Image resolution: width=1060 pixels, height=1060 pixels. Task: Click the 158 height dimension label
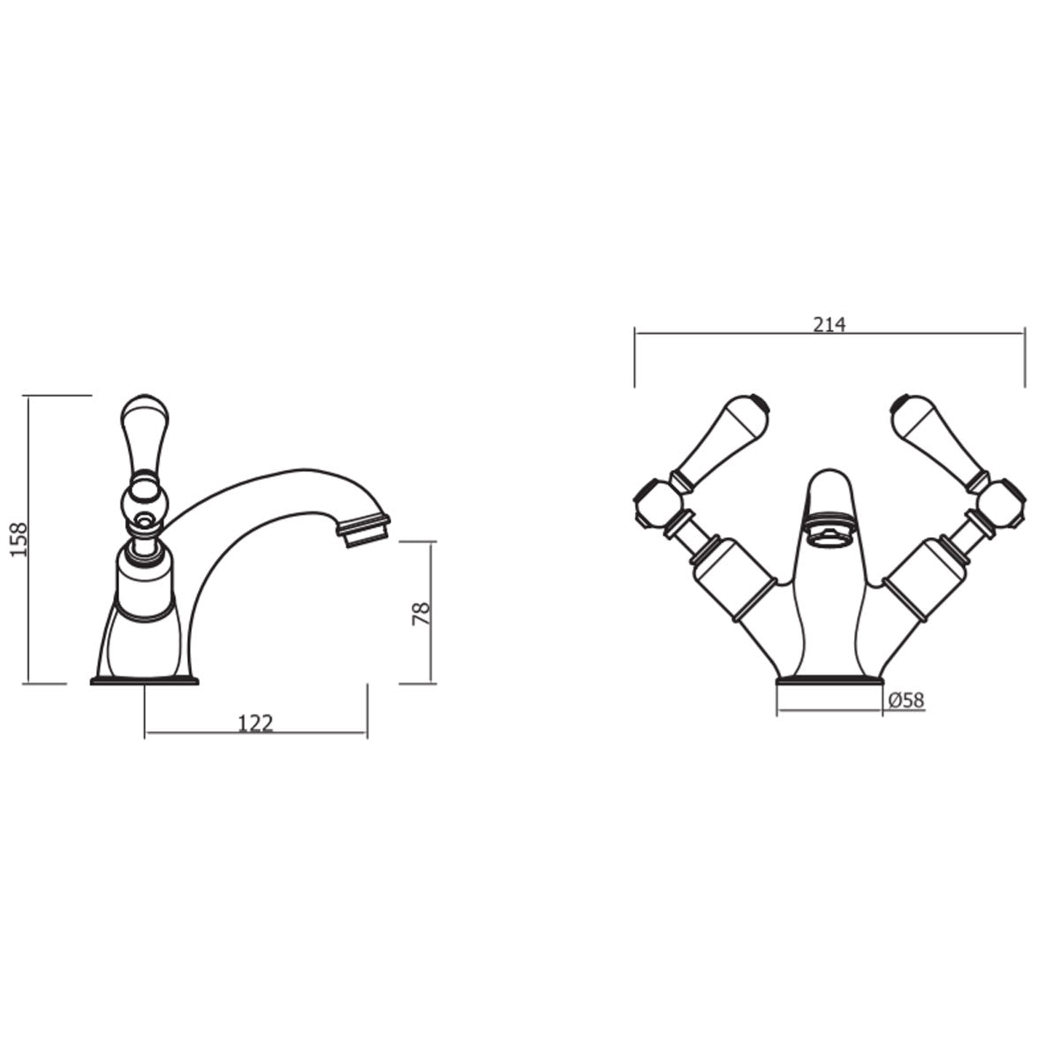(x=20, y=539)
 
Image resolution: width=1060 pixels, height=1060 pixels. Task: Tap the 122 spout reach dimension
(x=255, y=723)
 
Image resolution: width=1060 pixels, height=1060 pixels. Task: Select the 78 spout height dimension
(x=421, y=613)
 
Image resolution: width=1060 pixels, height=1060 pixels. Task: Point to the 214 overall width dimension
(x=829, y=324)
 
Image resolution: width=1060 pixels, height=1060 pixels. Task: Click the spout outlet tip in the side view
(x=363, y=529)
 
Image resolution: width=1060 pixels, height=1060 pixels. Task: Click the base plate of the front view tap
(x=829, y=681)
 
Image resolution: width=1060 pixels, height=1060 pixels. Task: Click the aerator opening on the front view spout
(x=829, y=533)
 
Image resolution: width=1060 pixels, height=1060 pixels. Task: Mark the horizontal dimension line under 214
(x=829, y=334)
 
